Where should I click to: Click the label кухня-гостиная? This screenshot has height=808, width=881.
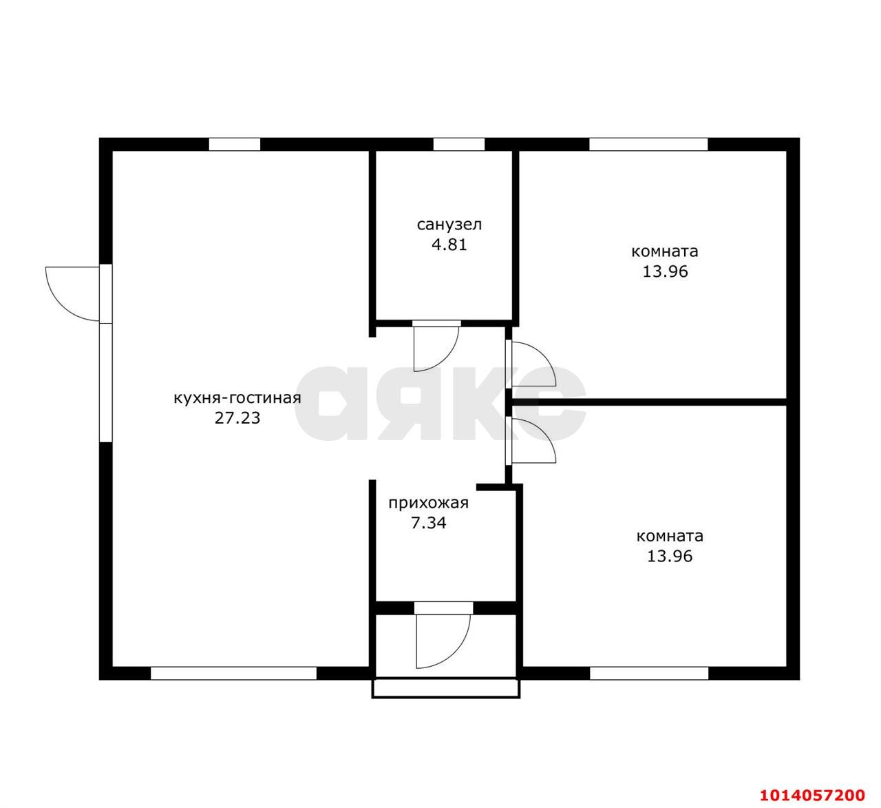click(237, 399)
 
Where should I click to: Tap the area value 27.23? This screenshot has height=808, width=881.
click(237, 418)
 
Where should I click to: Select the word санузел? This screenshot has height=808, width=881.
click(449, 225)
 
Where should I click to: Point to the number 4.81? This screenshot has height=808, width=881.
click(449, 245)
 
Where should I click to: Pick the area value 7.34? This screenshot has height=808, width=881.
click(429, 524)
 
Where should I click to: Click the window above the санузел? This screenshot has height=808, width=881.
click(459, 144)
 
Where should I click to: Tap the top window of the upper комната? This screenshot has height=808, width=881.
click(648, 144)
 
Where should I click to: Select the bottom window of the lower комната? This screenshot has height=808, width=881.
click(648, 673)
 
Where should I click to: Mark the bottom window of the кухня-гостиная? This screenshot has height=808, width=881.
click(233, 673)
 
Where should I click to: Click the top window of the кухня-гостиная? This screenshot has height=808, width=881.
click(235, 144)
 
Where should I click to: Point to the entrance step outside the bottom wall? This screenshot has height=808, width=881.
click(446, 688)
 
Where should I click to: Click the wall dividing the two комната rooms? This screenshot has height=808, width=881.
click(648, 402)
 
